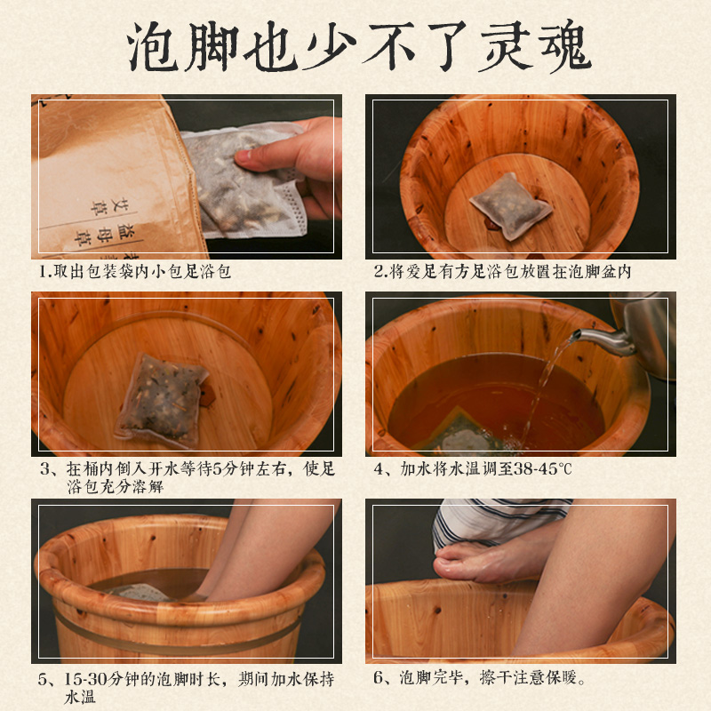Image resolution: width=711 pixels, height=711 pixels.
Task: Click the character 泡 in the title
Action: [152, 46]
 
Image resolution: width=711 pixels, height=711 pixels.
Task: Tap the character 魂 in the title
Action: [565, 46]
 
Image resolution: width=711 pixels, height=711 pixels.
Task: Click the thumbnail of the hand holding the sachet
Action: [187, 176]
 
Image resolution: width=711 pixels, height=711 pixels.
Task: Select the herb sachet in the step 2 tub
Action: [510, 206]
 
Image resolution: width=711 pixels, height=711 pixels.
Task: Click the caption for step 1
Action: [135, 272]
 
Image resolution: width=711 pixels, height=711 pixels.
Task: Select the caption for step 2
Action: [502, 272]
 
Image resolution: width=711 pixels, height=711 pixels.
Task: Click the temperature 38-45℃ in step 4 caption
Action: [542, 469]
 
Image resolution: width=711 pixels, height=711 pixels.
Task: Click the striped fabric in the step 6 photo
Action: [499, 522]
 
